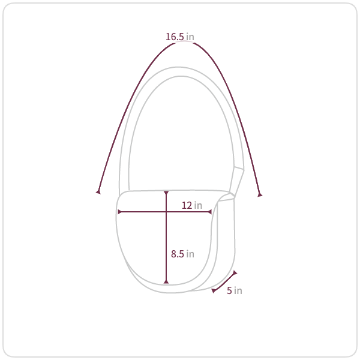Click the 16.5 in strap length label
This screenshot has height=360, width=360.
click(x=180, y=37)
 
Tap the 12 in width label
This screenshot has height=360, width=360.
click(x=192, y=205)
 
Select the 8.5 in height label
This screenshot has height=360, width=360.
click(x=182, y=254)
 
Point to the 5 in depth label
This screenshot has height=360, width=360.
click(x=235, y=290)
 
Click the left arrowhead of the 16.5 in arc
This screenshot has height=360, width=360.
click(x=98, y=192)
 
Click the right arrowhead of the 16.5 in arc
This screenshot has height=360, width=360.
click(x=260, y=194)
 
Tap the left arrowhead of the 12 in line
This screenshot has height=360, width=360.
click(x=119, y=212)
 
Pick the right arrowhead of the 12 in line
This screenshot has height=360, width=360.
click(x=209, y=212)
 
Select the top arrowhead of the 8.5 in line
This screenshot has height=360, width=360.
click(x=166, y=193)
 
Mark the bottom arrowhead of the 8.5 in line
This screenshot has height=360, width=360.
click(x=166, y=281)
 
